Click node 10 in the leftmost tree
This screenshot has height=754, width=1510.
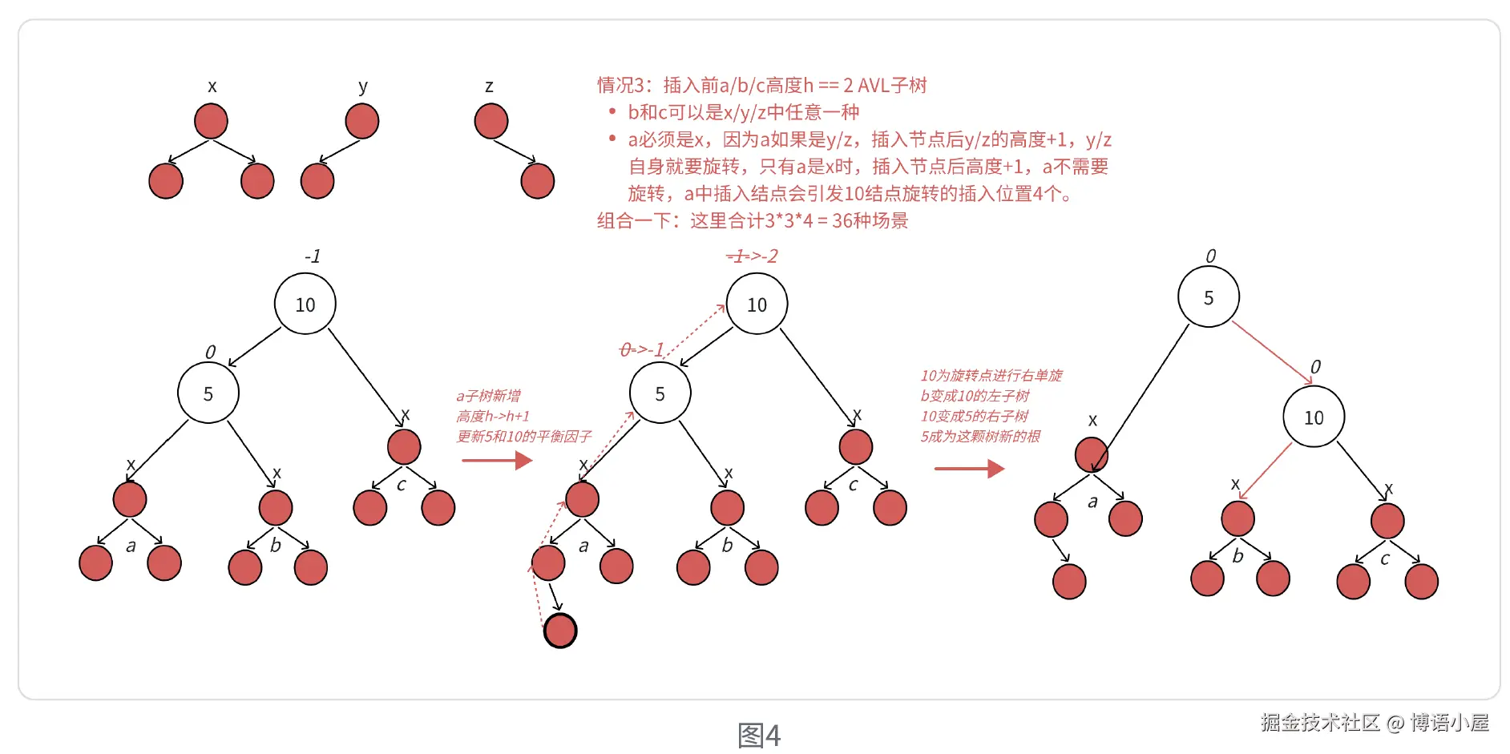[x=305, y=304]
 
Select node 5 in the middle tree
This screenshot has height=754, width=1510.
[x=660, y=393]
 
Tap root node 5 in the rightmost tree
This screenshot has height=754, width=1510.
[x=1208, y=297]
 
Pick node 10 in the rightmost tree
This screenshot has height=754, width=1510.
[x=1313, y=417]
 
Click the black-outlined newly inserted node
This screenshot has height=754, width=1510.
[x=560, y=631]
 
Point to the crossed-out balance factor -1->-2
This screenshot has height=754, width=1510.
[x=752, y=256]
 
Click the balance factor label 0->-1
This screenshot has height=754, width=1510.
[x=642, y=350]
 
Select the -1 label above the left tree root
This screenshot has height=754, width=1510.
[x=313, y=256]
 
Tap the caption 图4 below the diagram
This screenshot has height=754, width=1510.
[x=758, y=735]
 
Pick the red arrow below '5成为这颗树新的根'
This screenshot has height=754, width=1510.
[x=969, y=469]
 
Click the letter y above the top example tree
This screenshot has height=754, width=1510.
[x=363, y=86]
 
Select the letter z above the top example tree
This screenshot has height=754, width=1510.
[x=489, y=86]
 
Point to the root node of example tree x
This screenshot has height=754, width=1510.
[x=211, y=121]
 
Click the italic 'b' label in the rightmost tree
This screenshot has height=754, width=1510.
[x=1237, y=556]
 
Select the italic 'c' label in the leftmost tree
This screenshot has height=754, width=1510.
[x=402, y=485]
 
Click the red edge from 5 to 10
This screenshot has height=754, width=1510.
[x=1271, y=353]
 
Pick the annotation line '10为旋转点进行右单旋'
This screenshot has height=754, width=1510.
[x=991, y=375]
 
